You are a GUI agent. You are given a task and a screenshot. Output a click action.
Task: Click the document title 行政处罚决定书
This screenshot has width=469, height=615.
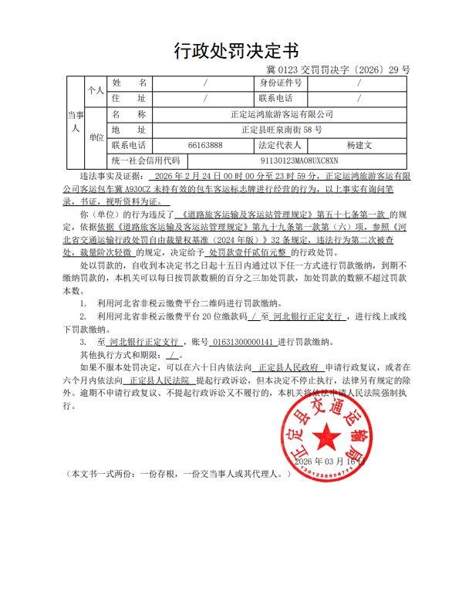235,52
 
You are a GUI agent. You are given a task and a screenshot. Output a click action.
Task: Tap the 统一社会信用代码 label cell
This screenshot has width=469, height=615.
145,161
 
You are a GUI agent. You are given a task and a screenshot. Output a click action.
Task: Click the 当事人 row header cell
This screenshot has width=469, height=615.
75,121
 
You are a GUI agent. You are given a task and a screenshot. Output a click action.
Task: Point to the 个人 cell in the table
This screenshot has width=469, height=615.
96,90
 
